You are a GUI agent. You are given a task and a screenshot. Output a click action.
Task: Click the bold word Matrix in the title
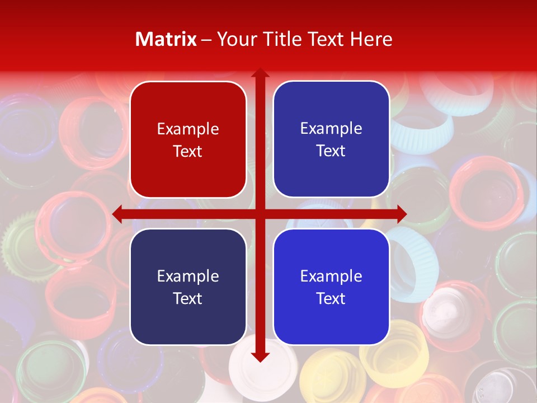166,39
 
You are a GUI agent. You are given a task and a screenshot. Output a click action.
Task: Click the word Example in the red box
188,129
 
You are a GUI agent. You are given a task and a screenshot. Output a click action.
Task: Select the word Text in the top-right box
331,151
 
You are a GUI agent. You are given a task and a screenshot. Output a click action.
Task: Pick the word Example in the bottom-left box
188,276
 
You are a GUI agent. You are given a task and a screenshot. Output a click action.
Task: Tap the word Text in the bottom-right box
331,298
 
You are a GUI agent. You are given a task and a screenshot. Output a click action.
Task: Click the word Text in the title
326,39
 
